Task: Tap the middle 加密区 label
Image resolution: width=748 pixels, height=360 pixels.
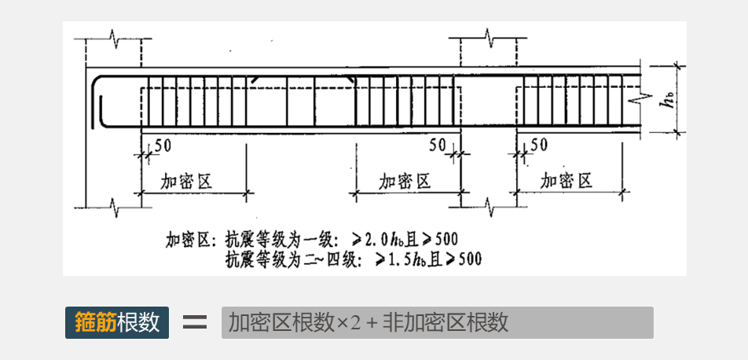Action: click(x=405, y=182)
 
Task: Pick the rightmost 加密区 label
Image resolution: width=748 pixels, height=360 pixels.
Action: click(x=566, y=182)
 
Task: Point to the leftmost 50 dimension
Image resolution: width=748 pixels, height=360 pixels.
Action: click(x=163, y=145)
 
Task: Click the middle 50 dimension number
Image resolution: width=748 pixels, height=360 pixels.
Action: click(x=438, y=145)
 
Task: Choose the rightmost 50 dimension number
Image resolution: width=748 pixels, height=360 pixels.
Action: click(x=540, y=145)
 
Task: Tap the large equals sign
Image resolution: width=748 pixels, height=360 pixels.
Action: click(x=194, y=322)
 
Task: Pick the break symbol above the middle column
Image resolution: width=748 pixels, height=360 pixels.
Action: click(x=487, y=37)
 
